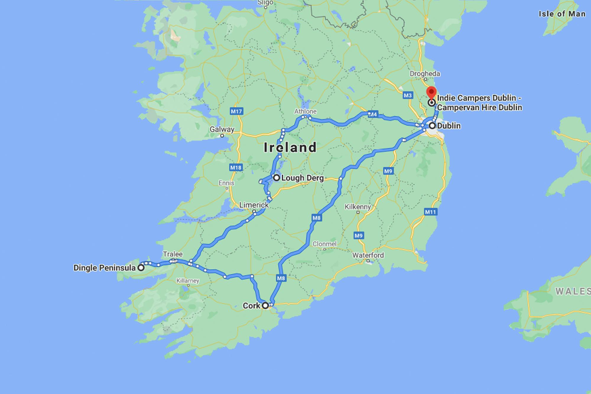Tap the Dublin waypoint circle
click(x=432, y=126)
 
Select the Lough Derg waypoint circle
click(x=276, y=178)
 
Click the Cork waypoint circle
click(x=265, y=306)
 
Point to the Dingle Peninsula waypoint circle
click(x=142, y=268)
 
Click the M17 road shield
click(x=236, y=111)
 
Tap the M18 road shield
click(x=236, y=167)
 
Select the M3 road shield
click(x=407, y=95)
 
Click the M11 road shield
click(x=430, y=212)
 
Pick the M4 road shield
click(x=373, y=114)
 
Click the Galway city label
click(x=222, y=129)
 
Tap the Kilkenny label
click(x=358, y=207)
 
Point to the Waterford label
click(x=368, y=255)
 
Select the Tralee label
click(x=173, y=254)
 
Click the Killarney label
click(x=188, y=281)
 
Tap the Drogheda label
click(x=425, y=74)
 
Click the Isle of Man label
click(x=561, y=14)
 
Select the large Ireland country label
click(x=290, y=147)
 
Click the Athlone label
click(x=305, y=111)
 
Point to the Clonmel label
click(x=324, y=244)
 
